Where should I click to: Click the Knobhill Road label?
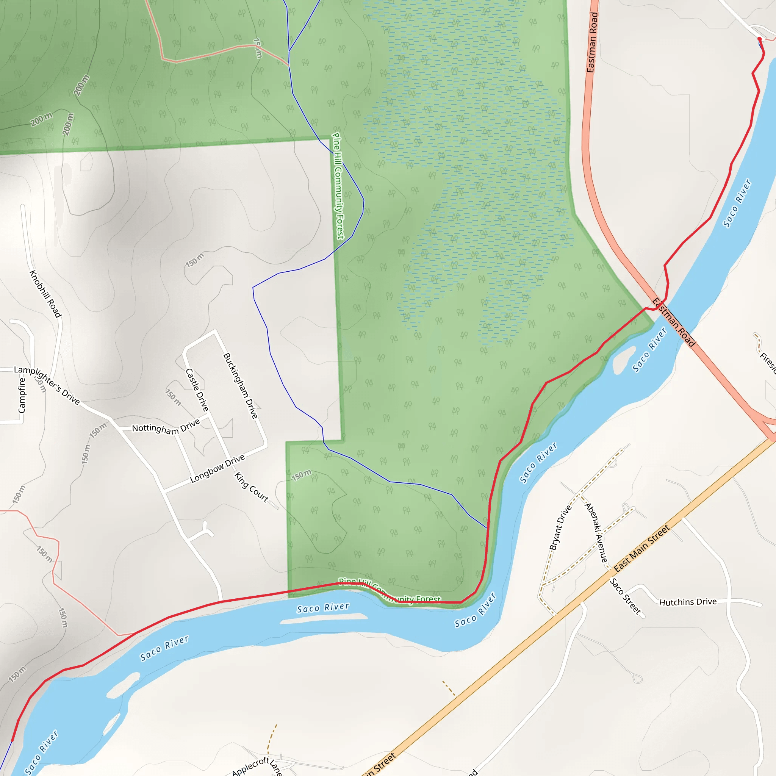pyautogui.click(x=45, y=294)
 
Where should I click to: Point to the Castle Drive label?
pyautogui.click(x=197, y=390)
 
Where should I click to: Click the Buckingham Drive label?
pyautogui.click(x=240, y=386)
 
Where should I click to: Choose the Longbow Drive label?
pyautogui.click(x=217, y=468)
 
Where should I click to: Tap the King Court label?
pyautogui.click(x=252, y=487)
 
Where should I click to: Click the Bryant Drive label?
pyautogui.click(x=560, y=527)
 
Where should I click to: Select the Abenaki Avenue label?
pyautogui.click(x=596, y=533)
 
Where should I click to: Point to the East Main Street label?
pyautogui.click(x=641, y=548)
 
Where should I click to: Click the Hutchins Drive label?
pyautogui.click(x=688, y=602)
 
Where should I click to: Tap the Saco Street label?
pyautogui.click(x=625, y=596)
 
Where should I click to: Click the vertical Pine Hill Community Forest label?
pyautogui.click(x=338, y=186)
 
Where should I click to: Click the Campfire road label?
pyautogui.click(x=22, y=395)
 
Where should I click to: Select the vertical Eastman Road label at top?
pyautogui.click(x=593, y=42)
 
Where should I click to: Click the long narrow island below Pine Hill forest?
pyautogui.click(x=323, y=619)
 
